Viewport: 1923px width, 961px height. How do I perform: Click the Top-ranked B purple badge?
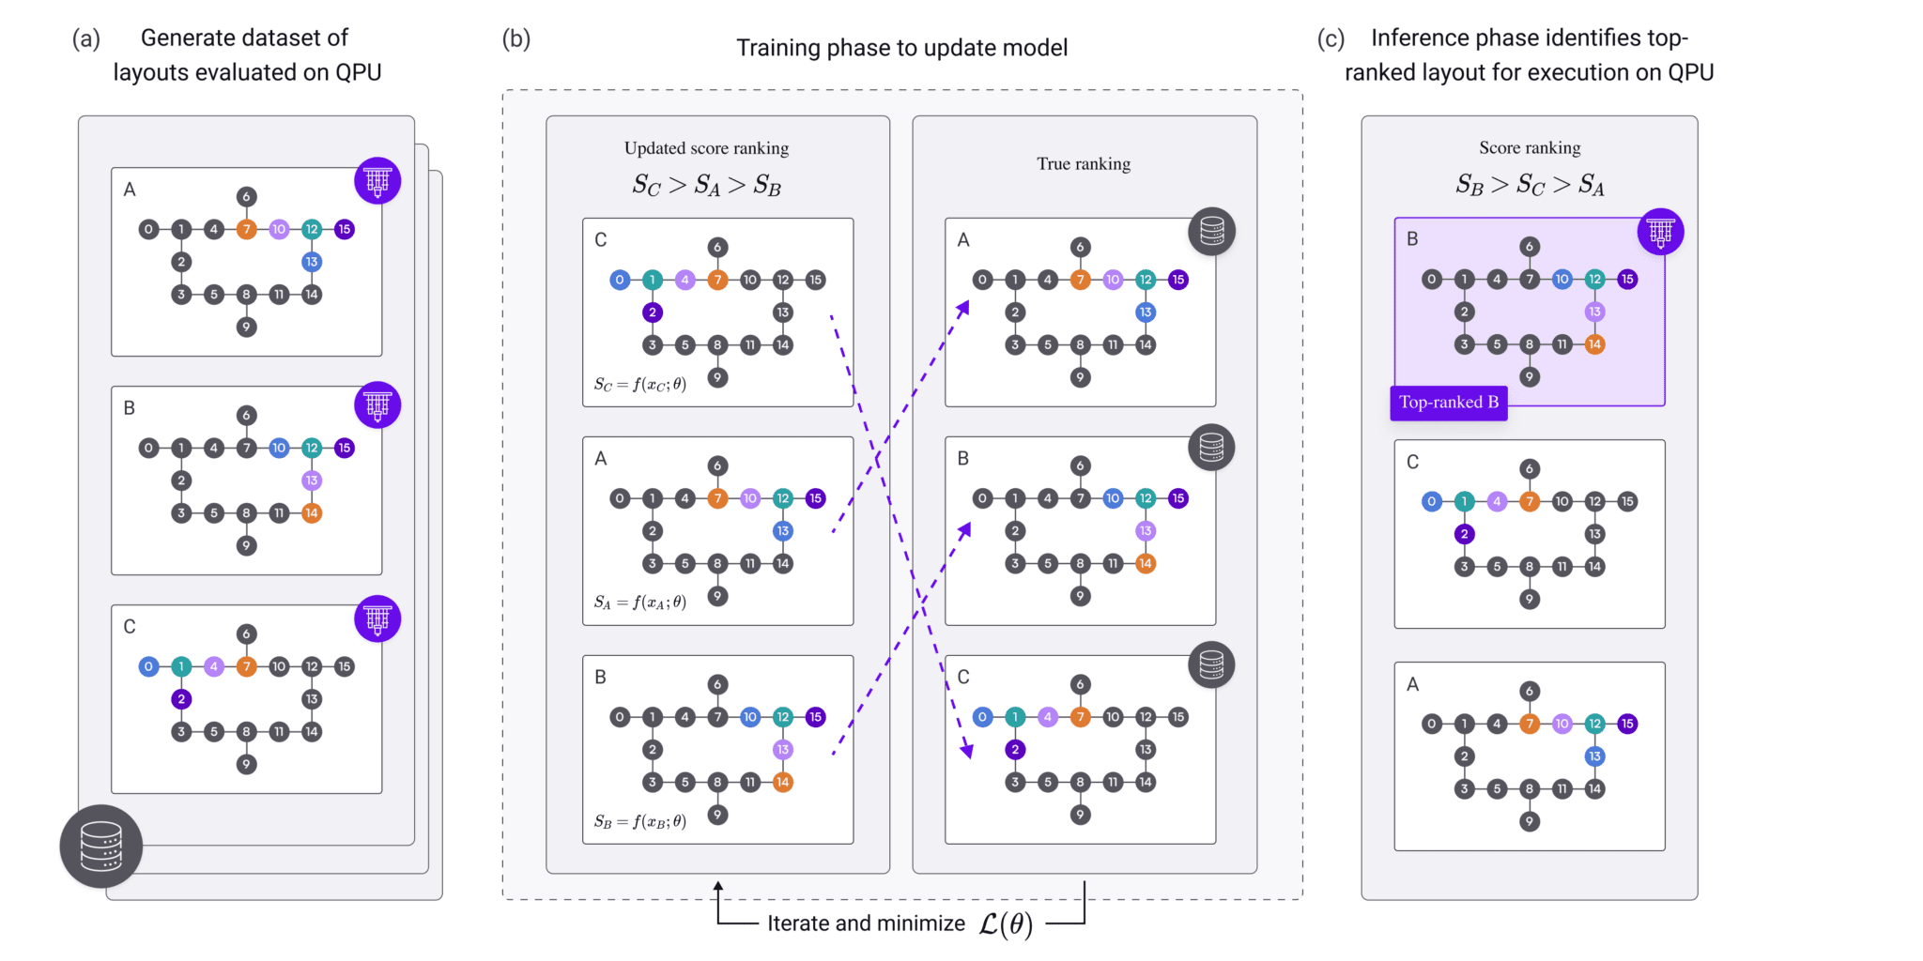click(1448, 403)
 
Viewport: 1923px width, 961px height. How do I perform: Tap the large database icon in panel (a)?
click(101, 846)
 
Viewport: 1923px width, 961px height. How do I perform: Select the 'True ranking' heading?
click(1084, 164)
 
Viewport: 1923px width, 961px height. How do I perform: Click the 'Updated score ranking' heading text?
click(706, 148)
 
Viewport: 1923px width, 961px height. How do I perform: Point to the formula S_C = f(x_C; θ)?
click(639, 384)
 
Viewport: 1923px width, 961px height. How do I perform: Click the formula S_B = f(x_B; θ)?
click(639, 821)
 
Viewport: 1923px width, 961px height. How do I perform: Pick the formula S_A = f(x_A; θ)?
click(639, 603)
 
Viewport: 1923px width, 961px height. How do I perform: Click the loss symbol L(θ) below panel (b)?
click(1005, 924)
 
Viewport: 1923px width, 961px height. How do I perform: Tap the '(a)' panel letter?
click(86, 38)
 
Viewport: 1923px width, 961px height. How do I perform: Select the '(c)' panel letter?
click(1331, 38)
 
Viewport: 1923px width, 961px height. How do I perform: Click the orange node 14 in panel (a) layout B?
click(312, 513)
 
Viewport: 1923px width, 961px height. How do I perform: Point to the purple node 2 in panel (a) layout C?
click(181, 699)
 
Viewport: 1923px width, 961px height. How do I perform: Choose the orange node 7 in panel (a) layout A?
click(246, 229)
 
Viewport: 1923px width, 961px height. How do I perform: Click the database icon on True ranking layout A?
click(1211, 231)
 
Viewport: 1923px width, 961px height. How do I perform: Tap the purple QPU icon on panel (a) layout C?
click(377, 619)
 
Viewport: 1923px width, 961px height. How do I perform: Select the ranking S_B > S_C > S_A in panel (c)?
click(1530, 185)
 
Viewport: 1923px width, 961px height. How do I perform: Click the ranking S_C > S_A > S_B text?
click(706, 186)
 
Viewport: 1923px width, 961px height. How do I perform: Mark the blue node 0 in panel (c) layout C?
click(1431, 501)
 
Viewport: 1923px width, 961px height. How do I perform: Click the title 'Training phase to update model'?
click(901, 48)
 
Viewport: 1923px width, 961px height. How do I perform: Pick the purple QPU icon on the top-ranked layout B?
click(1660, 232)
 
